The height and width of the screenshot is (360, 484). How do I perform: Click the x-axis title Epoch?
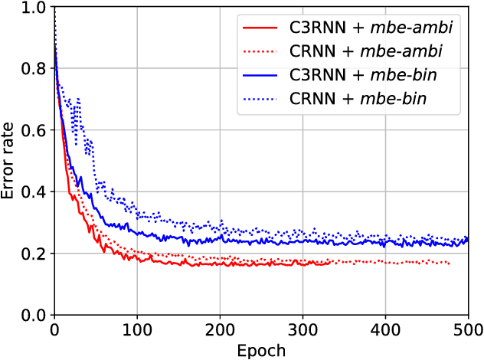pos(261,351)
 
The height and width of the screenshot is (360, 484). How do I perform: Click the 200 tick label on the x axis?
pos(219,330)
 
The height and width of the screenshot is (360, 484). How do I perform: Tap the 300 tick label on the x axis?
pos(302,330)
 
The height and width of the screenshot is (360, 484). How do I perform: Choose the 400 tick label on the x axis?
pos(384,330)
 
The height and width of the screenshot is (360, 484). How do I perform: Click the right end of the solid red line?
pos(330,263)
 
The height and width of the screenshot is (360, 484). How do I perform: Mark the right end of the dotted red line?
pos(450,264)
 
